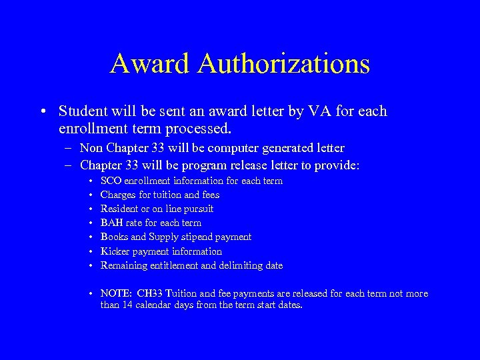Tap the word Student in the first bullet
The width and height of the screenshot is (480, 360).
pyautogui.click(x=83, y=111)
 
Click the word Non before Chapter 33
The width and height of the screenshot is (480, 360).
pyautogui.click(x=93, y=148)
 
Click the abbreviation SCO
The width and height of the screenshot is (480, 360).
pyautogui.click(x=111, y=181)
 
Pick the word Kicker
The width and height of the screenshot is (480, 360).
pyautogui.click(x=114, y=251)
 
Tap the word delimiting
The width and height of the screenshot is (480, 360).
pyautogui.click(x=238, y=265)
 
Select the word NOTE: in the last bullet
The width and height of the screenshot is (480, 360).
pyautogui.click(x=116, y=293)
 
